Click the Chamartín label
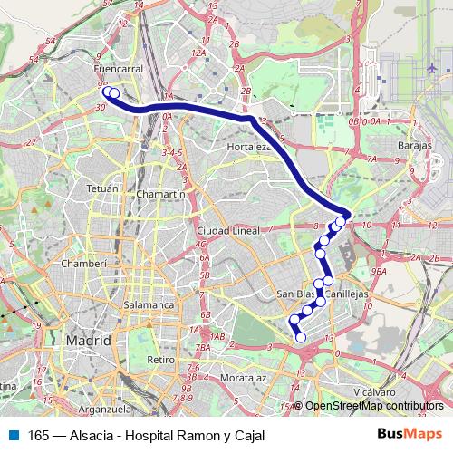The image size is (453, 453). tap(160, 194)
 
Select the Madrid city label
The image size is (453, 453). tap(88, 341)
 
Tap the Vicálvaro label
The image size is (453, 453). tap(374, 391)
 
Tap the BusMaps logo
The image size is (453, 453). tap(410, 434)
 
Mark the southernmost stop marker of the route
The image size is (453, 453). tap(301, 338)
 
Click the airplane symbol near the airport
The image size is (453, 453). tap(432, 69)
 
